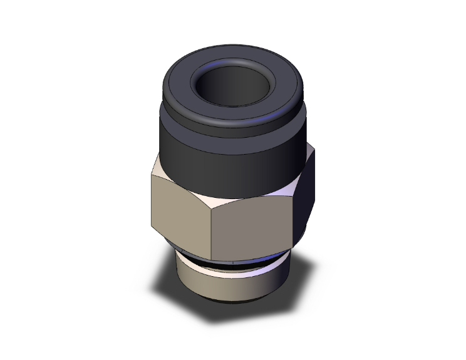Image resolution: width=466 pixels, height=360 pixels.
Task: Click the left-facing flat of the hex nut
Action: pos(182,203)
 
